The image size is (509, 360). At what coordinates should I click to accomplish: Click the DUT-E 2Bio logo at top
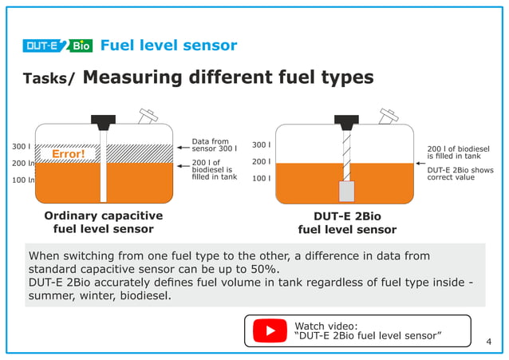pyautogui.click(x=58, y=45)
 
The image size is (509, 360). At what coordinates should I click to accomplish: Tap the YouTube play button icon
pyautogui.click(x=270, y=330)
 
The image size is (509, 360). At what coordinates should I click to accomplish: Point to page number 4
pyautogui.click(x=489, y=342)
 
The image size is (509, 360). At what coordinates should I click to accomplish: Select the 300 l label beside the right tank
pyautogui.click(x=261, y=145)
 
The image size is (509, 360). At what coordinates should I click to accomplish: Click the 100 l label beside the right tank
pyautogui.click(x=261, y=178)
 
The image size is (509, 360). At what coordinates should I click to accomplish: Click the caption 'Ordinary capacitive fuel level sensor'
pyautogui.click(x=103, y=223)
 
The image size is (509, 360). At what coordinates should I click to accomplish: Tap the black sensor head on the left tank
pyautogui.click(x=103, y=122)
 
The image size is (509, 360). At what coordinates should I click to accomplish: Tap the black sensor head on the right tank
pyautogui.click(x=346, y=122)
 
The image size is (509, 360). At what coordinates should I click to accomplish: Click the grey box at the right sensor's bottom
pyautogui.click(x=346, y=191)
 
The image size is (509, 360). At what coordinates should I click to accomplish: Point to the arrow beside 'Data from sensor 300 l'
pyautogui.click(x=183, y=148)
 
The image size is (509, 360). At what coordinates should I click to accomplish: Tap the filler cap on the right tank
pyautogui.click(x=390, y=117)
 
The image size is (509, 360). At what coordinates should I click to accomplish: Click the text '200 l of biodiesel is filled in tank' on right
pyautogui.click(x=459, y=152)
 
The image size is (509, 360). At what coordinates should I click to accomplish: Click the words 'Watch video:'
pyautogui.click(x=326, y=325)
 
